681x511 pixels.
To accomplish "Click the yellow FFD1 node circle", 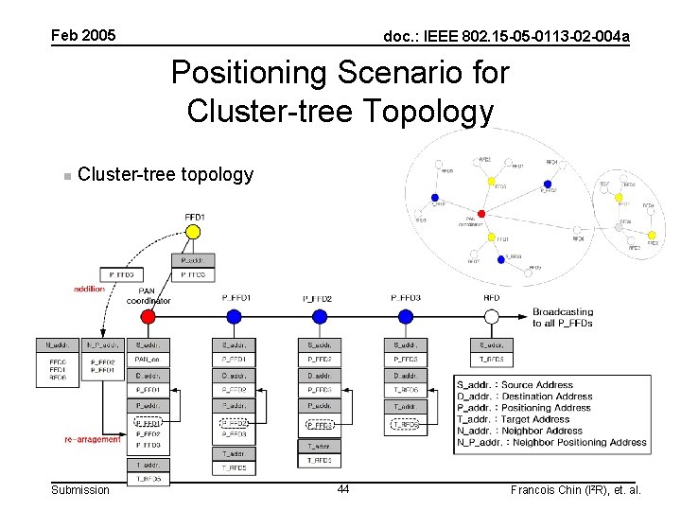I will (193, 232).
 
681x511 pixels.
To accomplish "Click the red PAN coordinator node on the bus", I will (148, 316).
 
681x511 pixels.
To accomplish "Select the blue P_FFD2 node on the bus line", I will (319, 316).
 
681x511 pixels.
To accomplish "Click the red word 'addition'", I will (90, 289).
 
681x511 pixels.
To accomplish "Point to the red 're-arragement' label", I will (93, 439).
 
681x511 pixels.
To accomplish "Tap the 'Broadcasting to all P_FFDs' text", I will (563, 318).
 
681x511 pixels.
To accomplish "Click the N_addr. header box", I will (57, 345).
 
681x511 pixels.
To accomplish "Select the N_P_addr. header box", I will (102, 345).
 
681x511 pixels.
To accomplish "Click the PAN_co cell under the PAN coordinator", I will (148, 360).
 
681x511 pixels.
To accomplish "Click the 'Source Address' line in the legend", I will (515, 385).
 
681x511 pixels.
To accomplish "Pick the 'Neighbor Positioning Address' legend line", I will (551, 442).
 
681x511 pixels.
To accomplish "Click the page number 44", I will (342, 489).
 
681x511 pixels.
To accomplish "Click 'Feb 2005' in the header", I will (83, 36).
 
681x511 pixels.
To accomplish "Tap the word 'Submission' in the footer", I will (80, 489).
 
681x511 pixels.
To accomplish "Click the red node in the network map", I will (481, 214).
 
